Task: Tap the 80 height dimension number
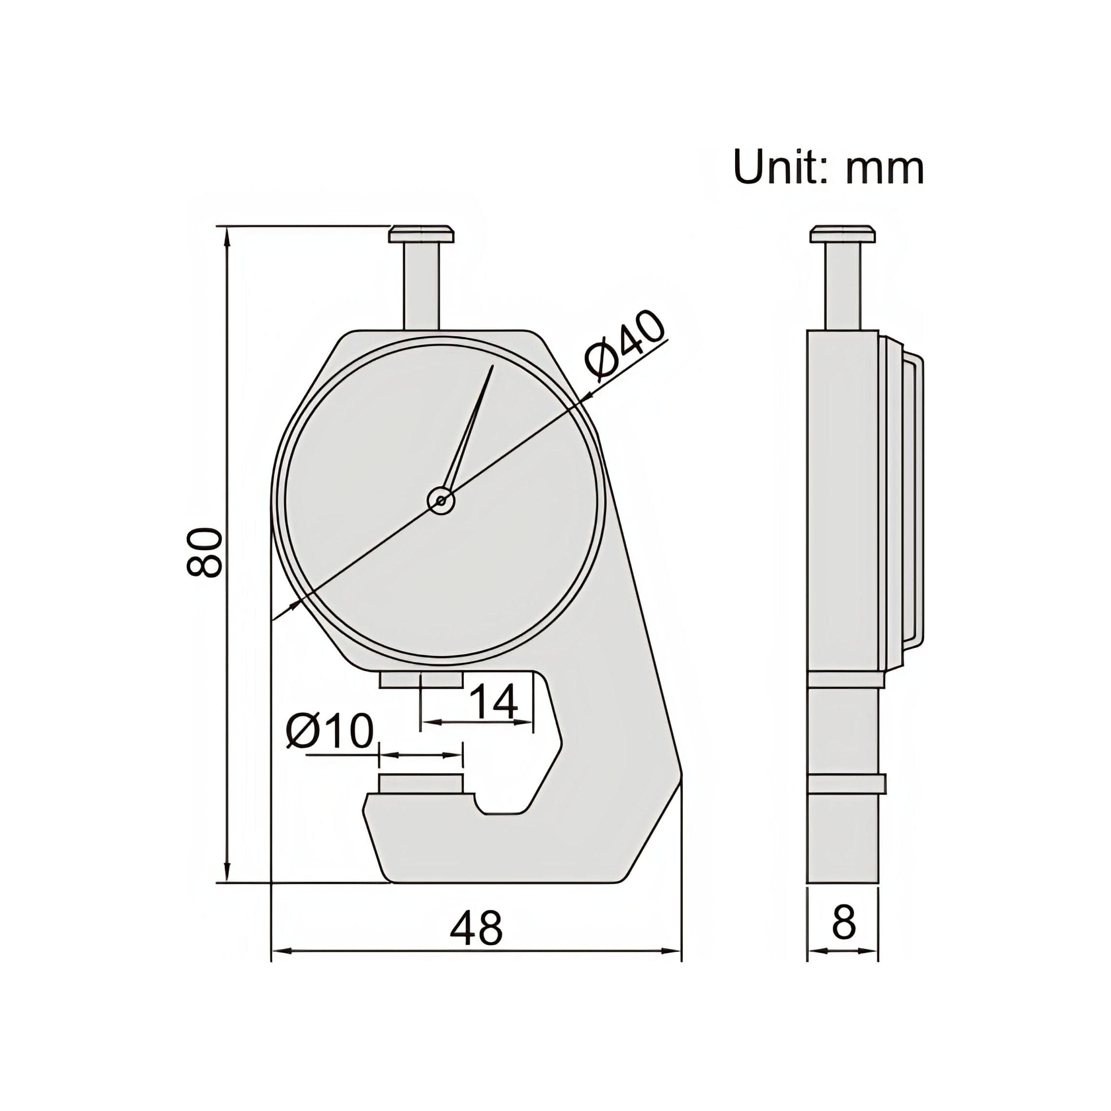pyautogui.click(x=204, y=553)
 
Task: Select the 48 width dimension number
pyautogui.click(x=475, y=928)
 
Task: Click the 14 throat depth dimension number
pyautogui.click(x=494, y=702)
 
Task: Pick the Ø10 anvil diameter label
pyautogui.click(x=330, y=731)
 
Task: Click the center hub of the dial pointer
pyautogui.click(x=441, y=501)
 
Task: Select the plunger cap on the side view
pyautogui.click(x=843, y=234)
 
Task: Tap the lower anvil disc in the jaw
pyautogui.click(x=421, y=784)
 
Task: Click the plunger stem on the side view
pyautogui.click(x=844, y=285)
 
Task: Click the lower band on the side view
pyautogui.click(x=846, y=784)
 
